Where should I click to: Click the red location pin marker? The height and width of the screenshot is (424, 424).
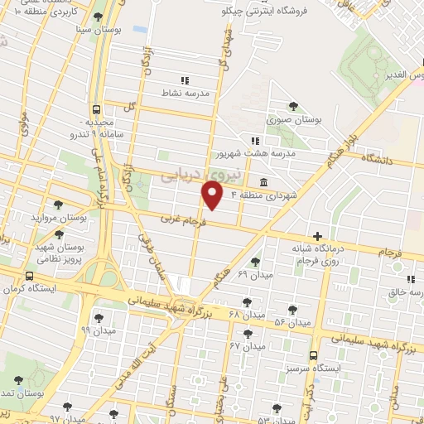tap(213, 195)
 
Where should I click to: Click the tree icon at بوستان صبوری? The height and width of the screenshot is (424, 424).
tap(293, 105)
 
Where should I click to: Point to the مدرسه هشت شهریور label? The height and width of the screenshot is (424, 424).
tap(255, 153)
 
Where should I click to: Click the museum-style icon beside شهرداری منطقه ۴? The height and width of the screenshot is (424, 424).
tap(263, 182)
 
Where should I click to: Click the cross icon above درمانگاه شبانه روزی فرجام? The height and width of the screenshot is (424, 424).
tap(316, 236)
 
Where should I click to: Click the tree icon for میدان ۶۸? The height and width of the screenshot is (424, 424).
tap(244, 301)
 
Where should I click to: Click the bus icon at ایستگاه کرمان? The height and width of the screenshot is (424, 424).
tap(31, 277)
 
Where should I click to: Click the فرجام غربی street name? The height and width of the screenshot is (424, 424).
tap(180, 220)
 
